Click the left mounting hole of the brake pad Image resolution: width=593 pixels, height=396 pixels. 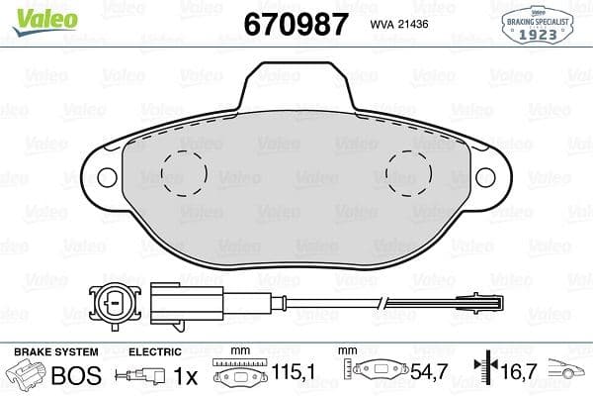tap(106, 177)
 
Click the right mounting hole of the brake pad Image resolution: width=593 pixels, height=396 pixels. tap(485, 177)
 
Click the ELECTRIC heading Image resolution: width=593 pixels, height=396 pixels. tap(156, 351)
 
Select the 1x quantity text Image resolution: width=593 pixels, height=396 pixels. tap(185, 376)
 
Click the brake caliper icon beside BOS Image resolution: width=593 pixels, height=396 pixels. tap(28, 375)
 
